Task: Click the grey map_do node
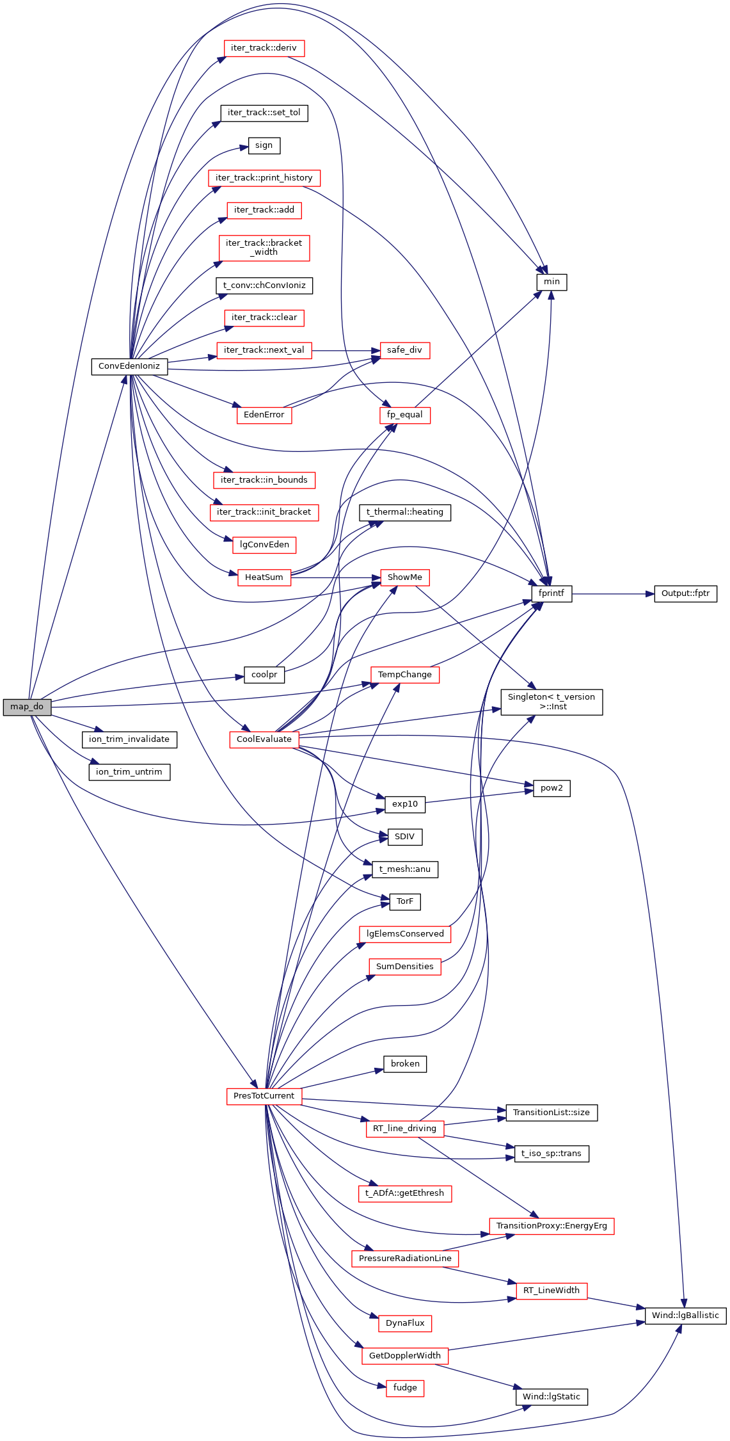coord(27,707)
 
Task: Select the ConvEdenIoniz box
coord(129,366)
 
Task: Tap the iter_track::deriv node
coord(264,48)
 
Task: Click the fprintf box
coord(551,593)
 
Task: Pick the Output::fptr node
coord(685,593)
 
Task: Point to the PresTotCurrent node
coord(264,1096)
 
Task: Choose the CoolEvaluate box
coord(264,739)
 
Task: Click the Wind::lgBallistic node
coord(685,1316)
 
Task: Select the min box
coord(551,282)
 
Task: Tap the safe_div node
coord(404,350)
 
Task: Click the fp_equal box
coord(404,415)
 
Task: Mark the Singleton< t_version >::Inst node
coord(551,702)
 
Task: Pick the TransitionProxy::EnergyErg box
coord(551,1226)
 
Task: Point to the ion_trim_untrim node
coord(129,772)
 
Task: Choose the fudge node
coord(404,1388)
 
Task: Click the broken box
coord(404,1064)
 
